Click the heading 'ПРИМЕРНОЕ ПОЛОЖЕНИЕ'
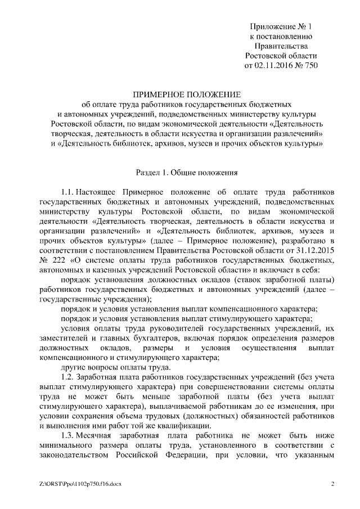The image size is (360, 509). [186, 94]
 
